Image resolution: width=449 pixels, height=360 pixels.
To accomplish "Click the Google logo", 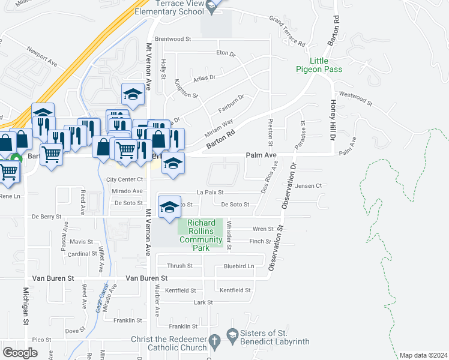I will click(20, 353).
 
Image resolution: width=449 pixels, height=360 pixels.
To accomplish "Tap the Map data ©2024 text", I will click(423, 355).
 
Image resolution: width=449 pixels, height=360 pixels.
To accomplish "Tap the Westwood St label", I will click(355, 98).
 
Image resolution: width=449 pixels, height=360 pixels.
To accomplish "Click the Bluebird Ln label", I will click(239, 266).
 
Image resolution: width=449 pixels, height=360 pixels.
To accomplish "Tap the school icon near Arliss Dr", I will click(133, 94).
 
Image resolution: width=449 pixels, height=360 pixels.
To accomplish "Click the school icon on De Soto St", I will click(170, 208).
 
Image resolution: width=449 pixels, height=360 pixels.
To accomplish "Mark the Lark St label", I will click(203, 303).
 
